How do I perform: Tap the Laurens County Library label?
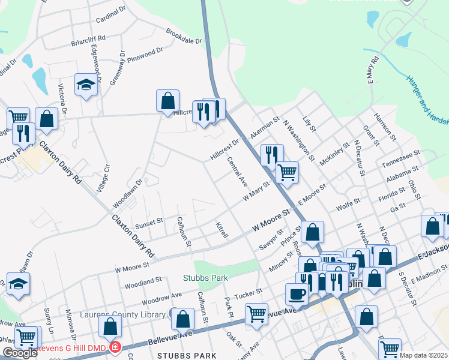(x=131, y=314)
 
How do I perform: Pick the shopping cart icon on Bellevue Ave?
(x=256, y=313)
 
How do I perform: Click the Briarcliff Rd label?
(x=88, y=41)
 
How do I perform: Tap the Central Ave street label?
(x=238, y=171)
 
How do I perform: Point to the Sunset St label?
(x=149, y=221)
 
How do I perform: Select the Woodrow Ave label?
(x=162, y=297)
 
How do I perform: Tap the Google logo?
(x=20, y=353)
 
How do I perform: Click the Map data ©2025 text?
(x=424, y=355)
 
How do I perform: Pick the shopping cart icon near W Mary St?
(x=288, y=172)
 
